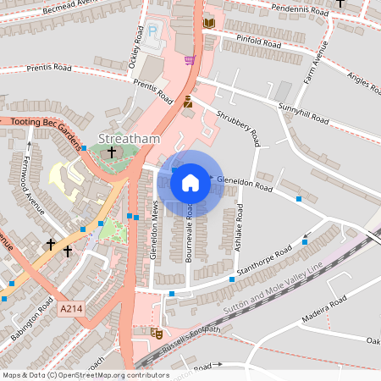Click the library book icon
point(208,23)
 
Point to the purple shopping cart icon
point(189,60)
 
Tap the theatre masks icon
point(156,333)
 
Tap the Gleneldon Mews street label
point(154,230)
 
